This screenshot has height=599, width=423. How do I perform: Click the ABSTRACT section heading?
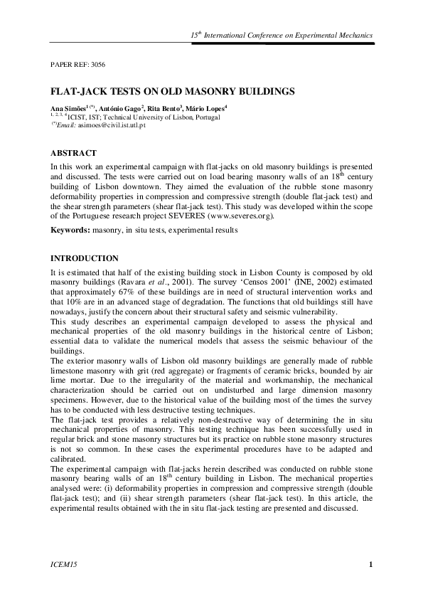[x=73, y=153]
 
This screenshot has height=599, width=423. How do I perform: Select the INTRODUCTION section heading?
[x=85, y=258]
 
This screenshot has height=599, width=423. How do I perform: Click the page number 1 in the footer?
[x=371, y=565]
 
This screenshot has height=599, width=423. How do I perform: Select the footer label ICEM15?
[x=61, y=565]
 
